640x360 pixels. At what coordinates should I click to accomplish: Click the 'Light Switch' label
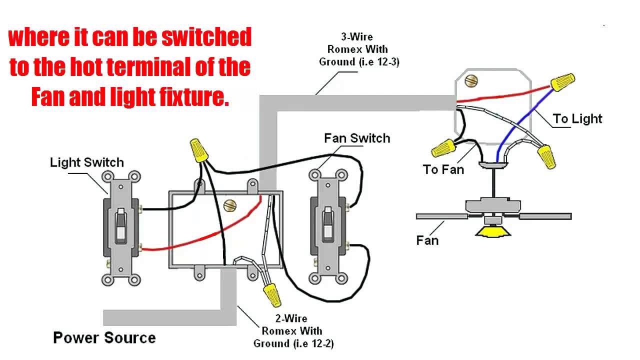[x=86, y=162]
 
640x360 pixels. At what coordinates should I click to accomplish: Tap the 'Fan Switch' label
[x=356, y=138]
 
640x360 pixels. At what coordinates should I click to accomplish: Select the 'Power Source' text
[x=104, y=338]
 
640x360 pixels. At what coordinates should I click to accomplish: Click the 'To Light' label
[x=577, y=119]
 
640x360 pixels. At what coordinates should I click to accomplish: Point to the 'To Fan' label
[x=443, y=170]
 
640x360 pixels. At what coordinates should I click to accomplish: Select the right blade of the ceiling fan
[x=544, y=216]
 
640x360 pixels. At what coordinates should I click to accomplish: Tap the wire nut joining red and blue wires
[x=562, y=81]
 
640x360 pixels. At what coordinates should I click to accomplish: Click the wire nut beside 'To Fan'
[x=443, y=148]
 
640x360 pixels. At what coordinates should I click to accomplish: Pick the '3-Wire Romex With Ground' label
[x=357, y=49]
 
